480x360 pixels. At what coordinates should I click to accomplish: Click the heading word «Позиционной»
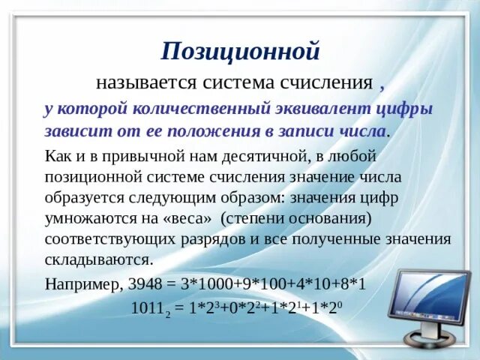[x=240, y=51]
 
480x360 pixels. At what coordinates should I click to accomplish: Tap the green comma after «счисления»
[x=383, y=82]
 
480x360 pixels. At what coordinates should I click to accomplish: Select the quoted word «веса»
[x=190, y=219]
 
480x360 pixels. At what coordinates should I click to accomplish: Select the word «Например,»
[x=81, y=284]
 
